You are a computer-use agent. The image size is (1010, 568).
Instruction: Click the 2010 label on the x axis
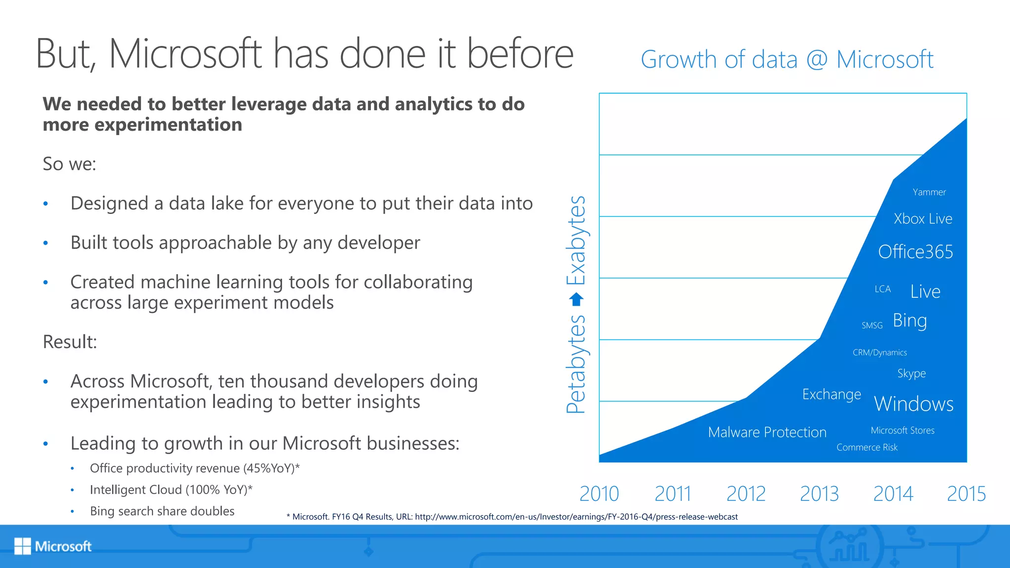point(599,494)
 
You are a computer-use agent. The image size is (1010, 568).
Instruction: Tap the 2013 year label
point(819,494)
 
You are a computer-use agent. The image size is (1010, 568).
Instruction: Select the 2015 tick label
point(966,494)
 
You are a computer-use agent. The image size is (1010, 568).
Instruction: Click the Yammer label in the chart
point(929,192)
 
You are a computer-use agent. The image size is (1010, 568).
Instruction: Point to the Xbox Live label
point(923,219)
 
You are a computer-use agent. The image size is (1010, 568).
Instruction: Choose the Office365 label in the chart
point(915,252)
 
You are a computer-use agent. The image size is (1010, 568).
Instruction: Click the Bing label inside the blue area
point(910,321)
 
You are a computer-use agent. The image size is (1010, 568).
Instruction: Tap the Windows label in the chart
point(913,404)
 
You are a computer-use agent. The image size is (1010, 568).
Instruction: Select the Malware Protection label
point(767,432)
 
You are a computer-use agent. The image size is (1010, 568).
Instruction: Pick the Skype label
point(911,374)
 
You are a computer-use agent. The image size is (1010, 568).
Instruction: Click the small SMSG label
point(872,325)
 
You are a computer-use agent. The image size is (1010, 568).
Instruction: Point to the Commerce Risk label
point(866,448)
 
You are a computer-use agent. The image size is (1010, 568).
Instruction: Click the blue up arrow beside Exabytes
point(576,299)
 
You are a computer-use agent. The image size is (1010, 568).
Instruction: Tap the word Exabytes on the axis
point(576,241)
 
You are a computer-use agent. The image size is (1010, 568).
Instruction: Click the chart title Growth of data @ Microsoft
point(787,60)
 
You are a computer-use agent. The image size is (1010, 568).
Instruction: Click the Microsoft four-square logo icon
point(22,546)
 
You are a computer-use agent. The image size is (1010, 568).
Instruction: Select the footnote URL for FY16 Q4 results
point(576,517)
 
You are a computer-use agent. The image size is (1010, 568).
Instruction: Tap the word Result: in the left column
point(70,342)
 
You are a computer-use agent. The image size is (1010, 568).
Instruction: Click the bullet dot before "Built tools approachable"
point(45,243)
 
